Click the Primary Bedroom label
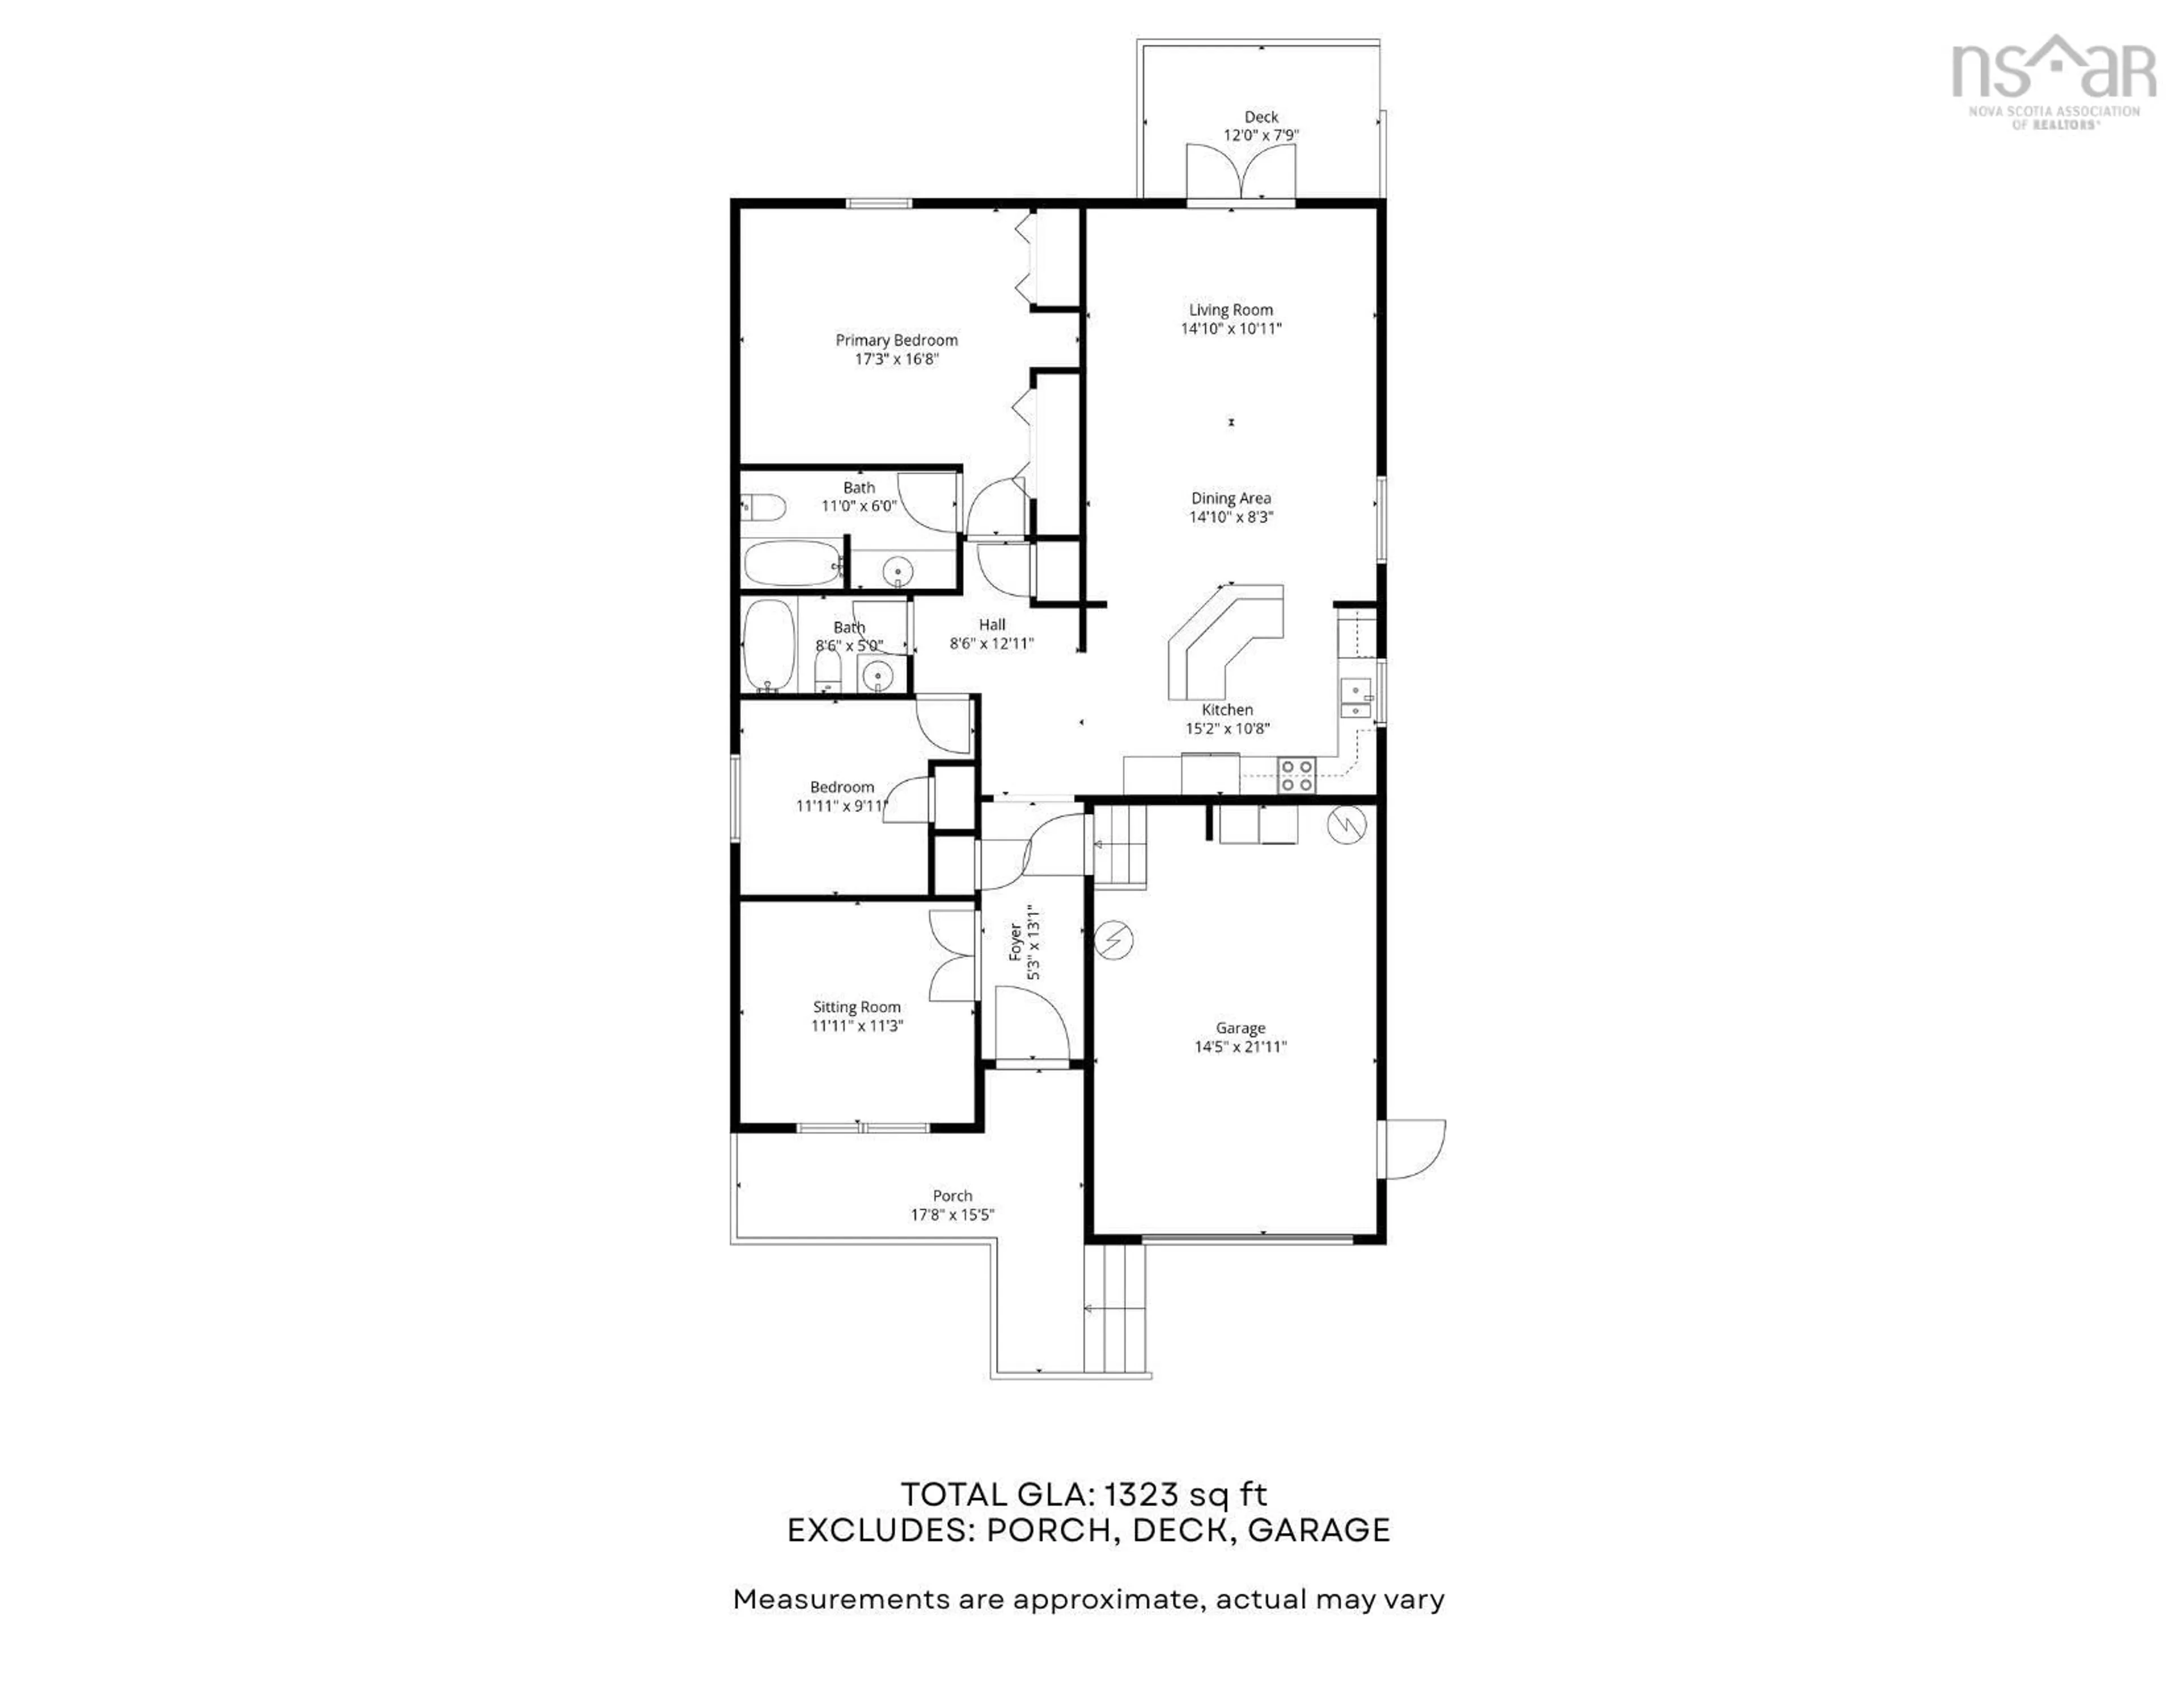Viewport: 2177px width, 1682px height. tap(896, 340)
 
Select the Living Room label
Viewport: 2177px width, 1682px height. tap(1230, 310)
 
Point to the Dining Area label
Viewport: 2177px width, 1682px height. tap(1230, 498)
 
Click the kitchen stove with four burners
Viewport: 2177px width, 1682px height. tap(1297, 775)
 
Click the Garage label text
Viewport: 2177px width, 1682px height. tap(1240, 1028)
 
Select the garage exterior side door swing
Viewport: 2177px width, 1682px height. tap(1413, 1149)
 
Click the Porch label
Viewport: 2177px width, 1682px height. tap(952, 1196)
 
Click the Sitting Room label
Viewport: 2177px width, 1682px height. tap(856, 1007)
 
